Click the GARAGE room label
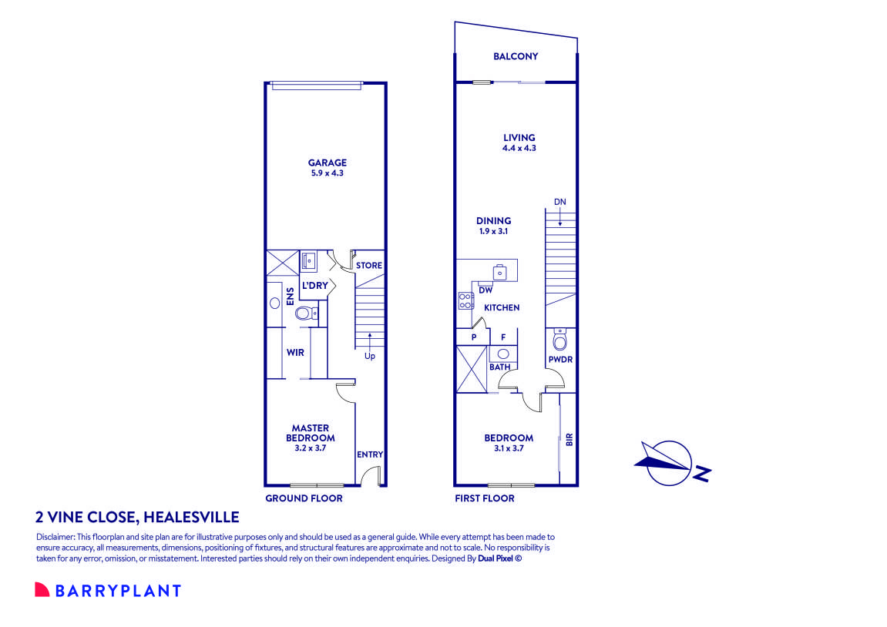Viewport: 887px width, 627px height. coord(328,163)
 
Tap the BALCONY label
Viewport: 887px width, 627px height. coord(516,56)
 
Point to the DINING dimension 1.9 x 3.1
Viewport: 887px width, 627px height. coord(493,231)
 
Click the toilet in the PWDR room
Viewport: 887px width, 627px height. coord(559,339)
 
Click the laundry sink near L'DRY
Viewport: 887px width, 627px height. coord(309,260)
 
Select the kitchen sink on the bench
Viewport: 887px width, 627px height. coord(500,271)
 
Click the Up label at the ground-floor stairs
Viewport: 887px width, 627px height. coord(370,356)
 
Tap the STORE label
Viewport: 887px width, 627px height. coord(369,266)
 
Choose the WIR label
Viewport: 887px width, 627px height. coord(295,353)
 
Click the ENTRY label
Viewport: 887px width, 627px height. coord(370,454)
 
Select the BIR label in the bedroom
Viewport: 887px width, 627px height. coord(569,440)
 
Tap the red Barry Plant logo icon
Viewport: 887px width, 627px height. coord(42,590)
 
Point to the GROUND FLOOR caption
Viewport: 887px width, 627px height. coord(304,498)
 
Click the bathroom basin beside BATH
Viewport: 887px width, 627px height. coord(502,354)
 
